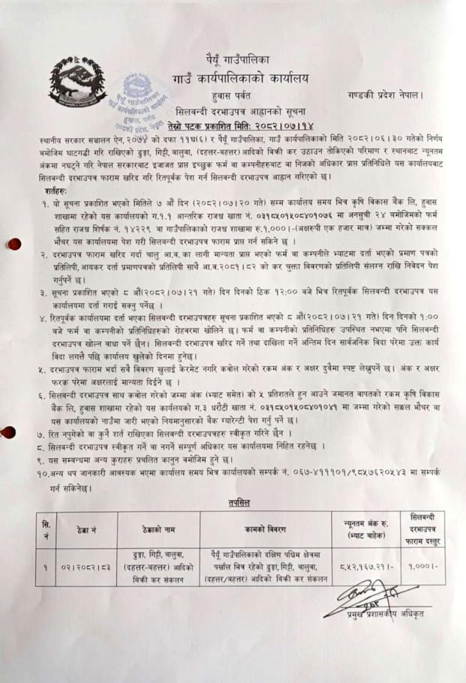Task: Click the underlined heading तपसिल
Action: [233, 501]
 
